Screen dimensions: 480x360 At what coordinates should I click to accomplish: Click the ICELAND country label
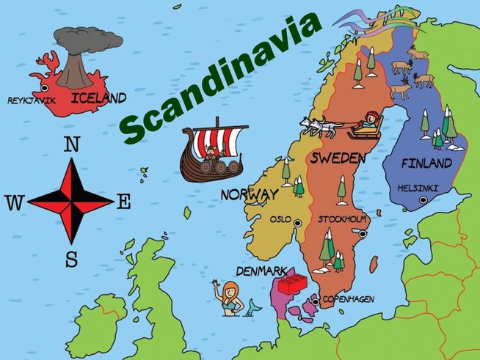click(x=98, y=98)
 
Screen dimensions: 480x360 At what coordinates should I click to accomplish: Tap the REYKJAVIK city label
click(x=31, y=100)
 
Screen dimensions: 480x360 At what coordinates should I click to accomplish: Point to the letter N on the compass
click(x=72, y=144)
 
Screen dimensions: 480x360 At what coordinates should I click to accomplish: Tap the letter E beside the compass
click(x=124, y=202)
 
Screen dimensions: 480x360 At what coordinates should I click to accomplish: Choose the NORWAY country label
click(x=250, y=195)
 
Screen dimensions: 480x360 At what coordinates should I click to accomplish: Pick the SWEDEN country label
click(x=338, y=158)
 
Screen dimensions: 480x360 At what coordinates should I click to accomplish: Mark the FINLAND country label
click(x=426, y=163)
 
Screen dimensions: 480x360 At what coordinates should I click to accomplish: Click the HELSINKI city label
click(x=418, y=188)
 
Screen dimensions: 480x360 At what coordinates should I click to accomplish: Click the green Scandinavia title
click(x=219, y=78)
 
